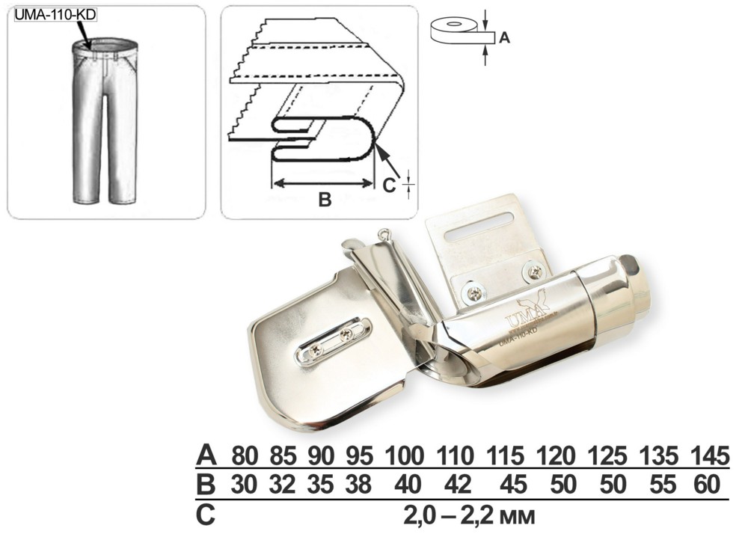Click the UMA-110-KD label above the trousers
(x=55, y=15)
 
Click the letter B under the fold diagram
(x=325, y=199)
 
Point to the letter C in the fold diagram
(x=389, y=185)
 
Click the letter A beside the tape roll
(x=504, y=37)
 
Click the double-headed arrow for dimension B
(x=322, y=182)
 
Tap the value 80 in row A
(x=245, y=456)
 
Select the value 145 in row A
(x=711, y=456)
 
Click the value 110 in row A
(x=456, y=456)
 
